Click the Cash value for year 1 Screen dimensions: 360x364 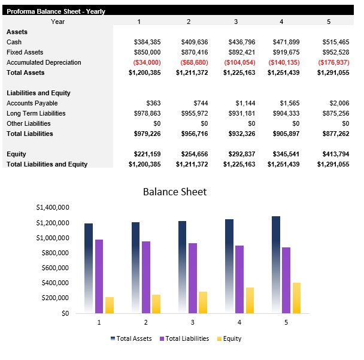(147, 42)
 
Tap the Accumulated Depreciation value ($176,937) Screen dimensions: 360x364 (333, 62)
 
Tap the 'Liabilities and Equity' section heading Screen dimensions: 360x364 (38, 93)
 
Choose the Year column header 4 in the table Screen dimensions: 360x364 (281, 22)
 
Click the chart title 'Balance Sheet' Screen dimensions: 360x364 (174, 192)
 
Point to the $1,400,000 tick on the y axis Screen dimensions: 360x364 (53, 208)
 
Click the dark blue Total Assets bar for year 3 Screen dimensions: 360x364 (182, 267)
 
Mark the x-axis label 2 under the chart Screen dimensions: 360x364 (146, 322)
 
